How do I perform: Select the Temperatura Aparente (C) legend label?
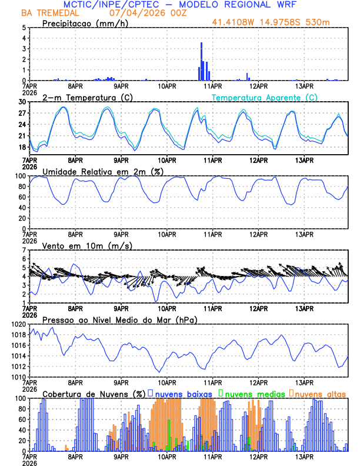265,97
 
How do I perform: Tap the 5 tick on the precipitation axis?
24,28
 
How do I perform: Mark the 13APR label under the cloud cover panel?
304,457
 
